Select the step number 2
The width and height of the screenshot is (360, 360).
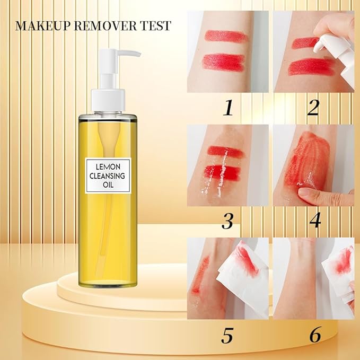coord(313,109)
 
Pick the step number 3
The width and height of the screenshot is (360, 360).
coord(227,222)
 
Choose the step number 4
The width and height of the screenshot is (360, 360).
coord(314,222)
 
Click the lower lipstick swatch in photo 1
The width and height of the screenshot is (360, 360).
coord(223,63)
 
